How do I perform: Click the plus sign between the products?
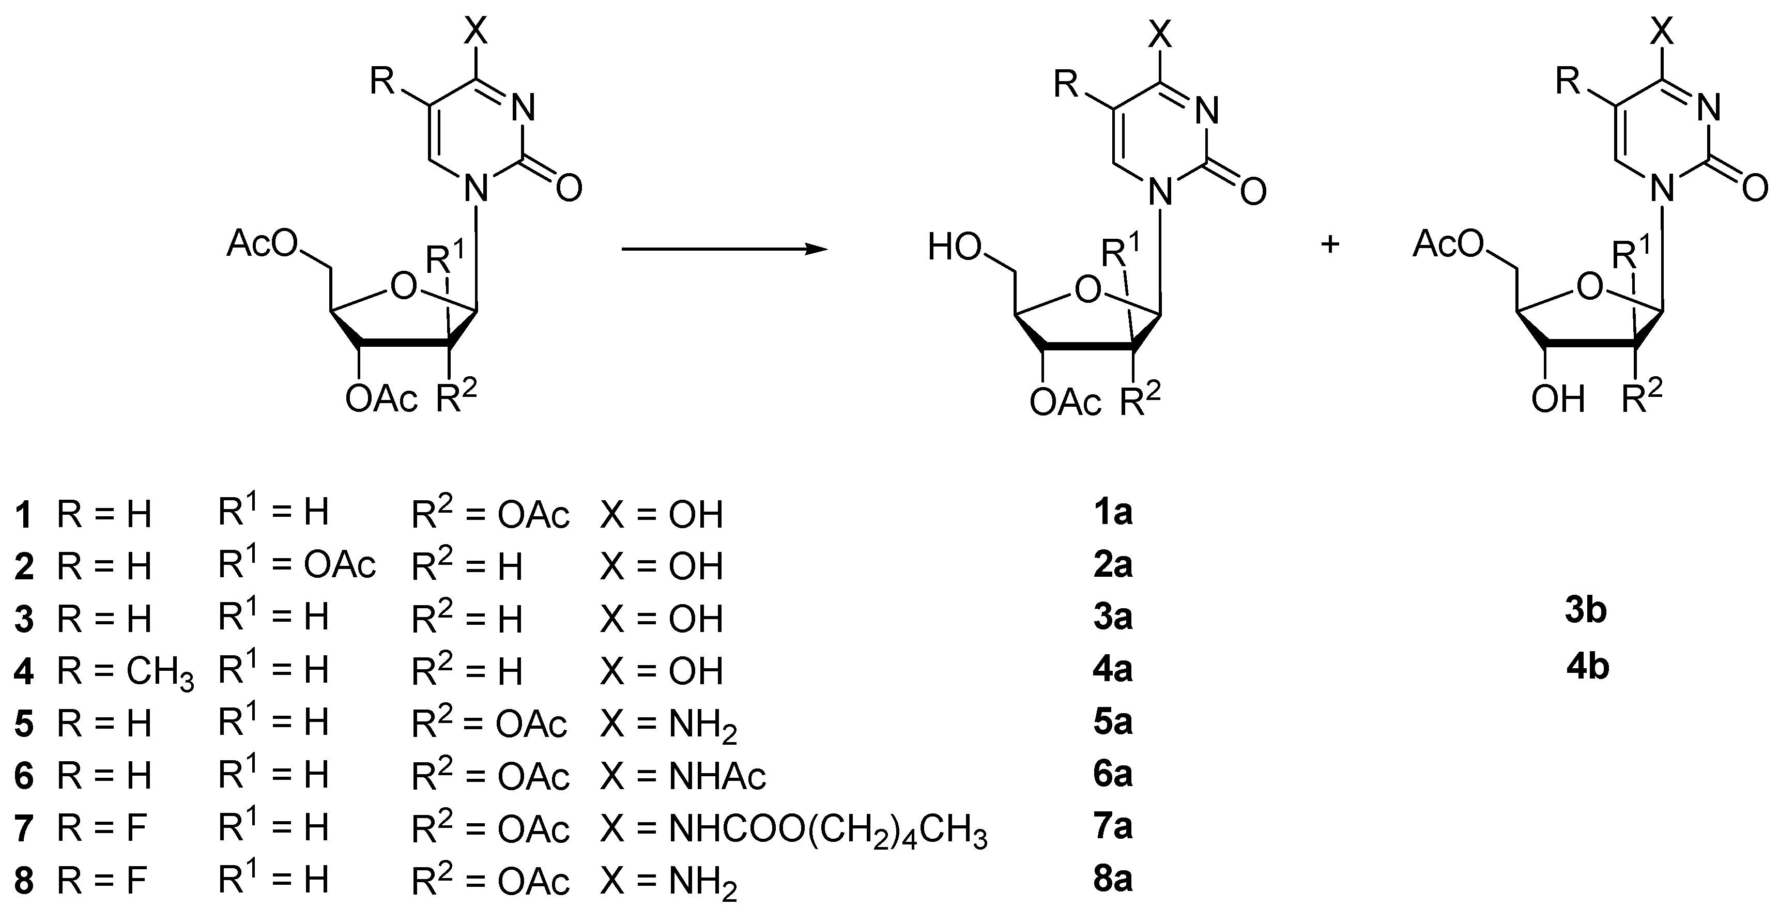click(x=1329, y=245)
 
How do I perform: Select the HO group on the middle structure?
click(x=955, y=247)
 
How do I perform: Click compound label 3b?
click(x=1586, y=611)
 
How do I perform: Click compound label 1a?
click(x=1113, y=513)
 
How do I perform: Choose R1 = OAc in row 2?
click(x=297, y=565)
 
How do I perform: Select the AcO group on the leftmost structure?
click(x=263, y=244)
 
